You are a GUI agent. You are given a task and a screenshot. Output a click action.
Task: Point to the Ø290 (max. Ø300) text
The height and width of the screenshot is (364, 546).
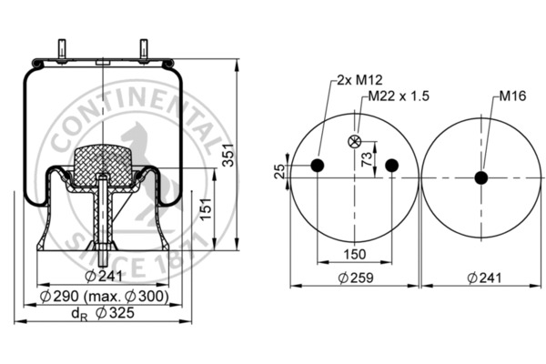[105, 298]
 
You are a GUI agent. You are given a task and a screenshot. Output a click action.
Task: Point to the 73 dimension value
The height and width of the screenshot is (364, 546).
[366, 160]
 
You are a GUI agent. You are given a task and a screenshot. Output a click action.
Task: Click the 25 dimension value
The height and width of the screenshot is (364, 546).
[279, 170]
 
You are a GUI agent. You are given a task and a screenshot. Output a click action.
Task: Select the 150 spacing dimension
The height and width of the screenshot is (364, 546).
[354, 254]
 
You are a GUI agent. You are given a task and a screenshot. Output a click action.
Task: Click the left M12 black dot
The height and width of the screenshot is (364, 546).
[317, 165]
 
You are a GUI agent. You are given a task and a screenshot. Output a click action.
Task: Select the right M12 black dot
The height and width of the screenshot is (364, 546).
[391, 165]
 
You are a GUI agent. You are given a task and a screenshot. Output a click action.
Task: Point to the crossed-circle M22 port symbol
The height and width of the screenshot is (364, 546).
[354, 141]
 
